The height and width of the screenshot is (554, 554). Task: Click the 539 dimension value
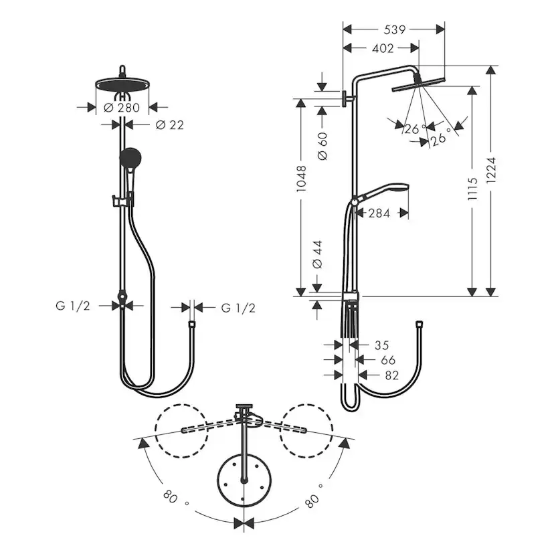tap(393, 29)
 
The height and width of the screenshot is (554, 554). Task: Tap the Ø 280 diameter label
tap(120, 107)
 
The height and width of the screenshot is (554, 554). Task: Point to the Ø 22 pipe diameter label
tap(169, 125)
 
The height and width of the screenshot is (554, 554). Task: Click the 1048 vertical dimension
tap(301, 179)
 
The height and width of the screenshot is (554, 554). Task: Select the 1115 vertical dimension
tap(472, 190)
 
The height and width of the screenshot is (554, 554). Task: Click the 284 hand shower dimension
tap(380, 213)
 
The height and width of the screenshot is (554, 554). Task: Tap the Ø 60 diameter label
tap(322, 145)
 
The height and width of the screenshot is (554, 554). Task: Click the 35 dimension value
tap(381, 346)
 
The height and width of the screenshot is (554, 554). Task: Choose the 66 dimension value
tap(388, 361)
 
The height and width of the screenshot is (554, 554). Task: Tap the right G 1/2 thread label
tap(238, 308)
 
